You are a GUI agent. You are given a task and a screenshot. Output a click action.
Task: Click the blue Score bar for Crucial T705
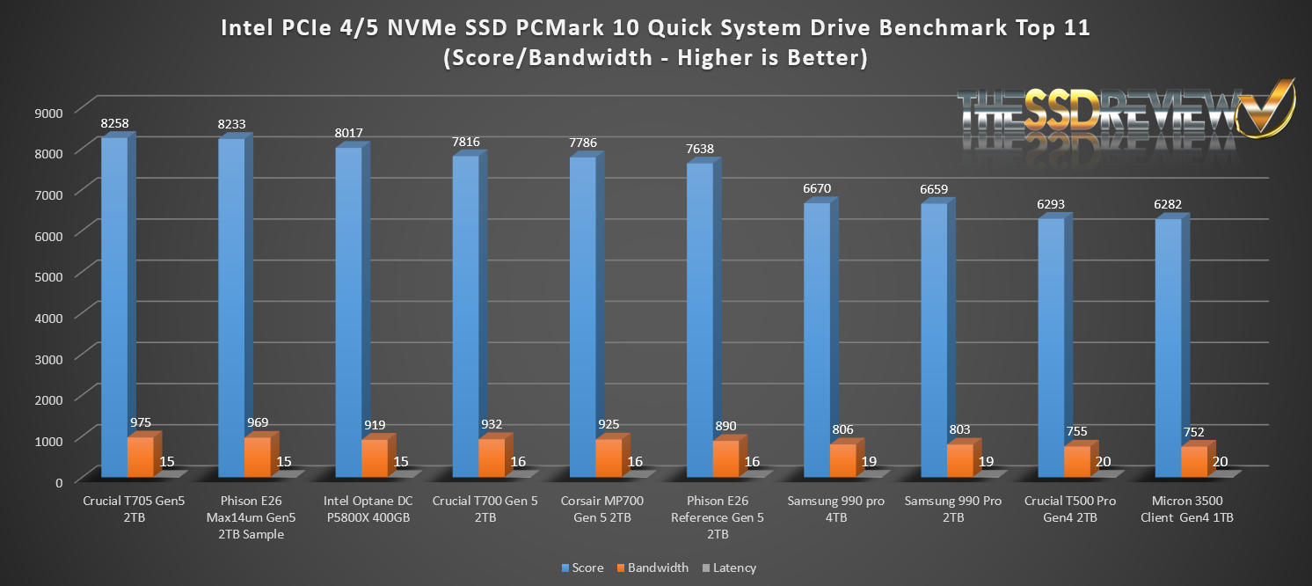point(114,308)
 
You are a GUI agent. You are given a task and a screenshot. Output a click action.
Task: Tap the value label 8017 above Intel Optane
point(349,133)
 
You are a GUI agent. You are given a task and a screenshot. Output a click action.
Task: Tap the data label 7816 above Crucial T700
point(466,141)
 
